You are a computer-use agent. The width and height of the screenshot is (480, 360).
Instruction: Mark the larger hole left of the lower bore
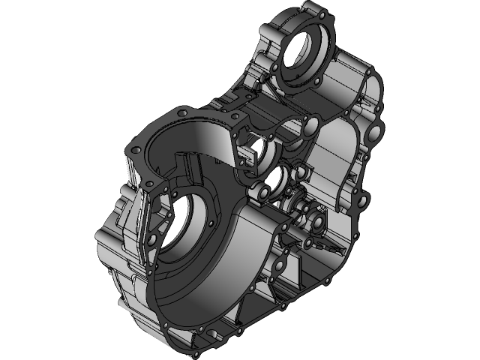pyautogui.click(x=154, y=238)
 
